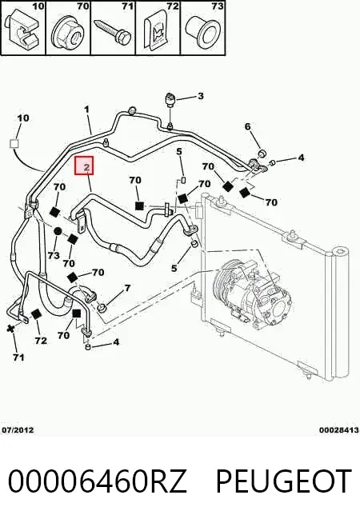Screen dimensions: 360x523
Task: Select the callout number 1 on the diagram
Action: click(x=86, y=110)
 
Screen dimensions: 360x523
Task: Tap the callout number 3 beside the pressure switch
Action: click(x=200, y=96)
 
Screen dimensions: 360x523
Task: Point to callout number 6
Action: click(x=247, y=126)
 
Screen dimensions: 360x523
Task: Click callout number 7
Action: click(x=127, y=288)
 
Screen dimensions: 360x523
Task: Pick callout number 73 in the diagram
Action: click(x=54, y=255)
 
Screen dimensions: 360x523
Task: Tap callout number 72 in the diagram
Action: click(x=41, y=341)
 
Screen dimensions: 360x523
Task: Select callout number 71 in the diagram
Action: click(x=18, y=357)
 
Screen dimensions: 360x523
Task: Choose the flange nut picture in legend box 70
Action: click(x=67, y=33)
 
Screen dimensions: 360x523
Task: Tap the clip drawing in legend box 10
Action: click(x=22, y=30)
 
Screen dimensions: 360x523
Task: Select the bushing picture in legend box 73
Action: click(x=203, y=31)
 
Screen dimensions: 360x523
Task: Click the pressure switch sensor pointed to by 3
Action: click(x=170, y=100)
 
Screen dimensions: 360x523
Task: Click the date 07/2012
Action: click(x=18, y=430)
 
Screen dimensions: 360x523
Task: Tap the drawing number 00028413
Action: click(x=339, y=430)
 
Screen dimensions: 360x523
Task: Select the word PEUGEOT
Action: click(x=284, y=481)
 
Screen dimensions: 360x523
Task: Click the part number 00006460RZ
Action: click(x=97, y=481)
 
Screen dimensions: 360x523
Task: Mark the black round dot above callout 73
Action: click(x=58, y=231)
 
